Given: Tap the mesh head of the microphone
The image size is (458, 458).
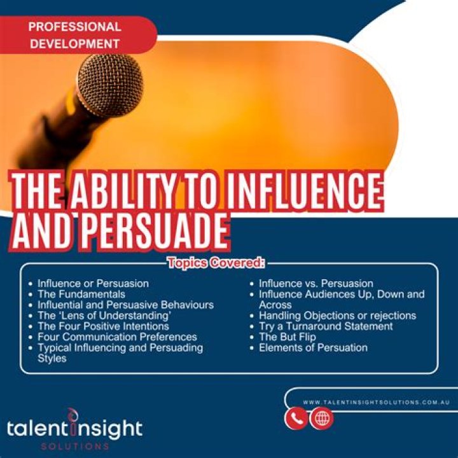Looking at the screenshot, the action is [x=111, y=85].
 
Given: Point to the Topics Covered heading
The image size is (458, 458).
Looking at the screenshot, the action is [x=216, y=263].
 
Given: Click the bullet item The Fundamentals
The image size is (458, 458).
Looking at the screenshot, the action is [x=81, y=294].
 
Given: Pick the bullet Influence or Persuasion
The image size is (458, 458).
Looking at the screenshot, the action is [x=93, y=283].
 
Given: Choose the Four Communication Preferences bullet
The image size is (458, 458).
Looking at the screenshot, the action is [x=117, y=337].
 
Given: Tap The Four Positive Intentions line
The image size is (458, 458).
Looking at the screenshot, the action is [x=103, y=326].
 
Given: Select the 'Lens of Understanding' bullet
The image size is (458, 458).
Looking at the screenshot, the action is [x=104, y=316].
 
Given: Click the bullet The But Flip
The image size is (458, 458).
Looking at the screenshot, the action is [x=288, y=337].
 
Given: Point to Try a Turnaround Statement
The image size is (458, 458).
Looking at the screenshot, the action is [x=326, y=326].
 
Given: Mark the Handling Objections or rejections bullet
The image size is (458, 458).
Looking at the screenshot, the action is [x=337, y=316].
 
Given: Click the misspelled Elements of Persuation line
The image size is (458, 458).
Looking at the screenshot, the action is [x=313, y=347].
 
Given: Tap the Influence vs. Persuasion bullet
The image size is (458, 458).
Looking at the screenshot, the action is [x=316, y=283].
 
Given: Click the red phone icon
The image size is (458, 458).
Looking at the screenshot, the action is [x=296, y=419].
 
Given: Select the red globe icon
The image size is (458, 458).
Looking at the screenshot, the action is [x=321, y=419].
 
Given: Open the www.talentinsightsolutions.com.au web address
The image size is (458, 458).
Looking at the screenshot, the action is [x=376, y=402].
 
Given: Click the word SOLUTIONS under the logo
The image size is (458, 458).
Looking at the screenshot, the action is [x=75, y=447].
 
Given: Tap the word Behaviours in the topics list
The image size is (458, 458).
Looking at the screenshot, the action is [x=187, y=305].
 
